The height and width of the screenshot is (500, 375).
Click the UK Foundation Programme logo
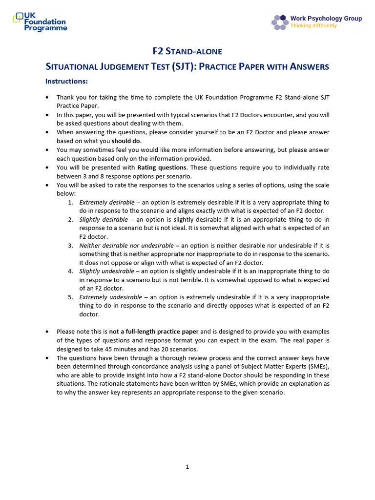tap(40, 22)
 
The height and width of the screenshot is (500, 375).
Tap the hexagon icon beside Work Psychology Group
tap(279, 22)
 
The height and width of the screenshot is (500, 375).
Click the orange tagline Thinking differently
tap(313, 26)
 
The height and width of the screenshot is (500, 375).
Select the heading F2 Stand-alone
tap(187, 51)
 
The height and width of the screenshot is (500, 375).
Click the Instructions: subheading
tap(66, 81)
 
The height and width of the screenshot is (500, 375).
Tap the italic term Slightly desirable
tap(103, 219)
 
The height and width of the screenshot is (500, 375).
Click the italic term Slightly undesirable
tap(105, 271)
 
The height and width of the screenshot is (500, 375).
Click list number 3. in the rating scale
tap(71, 245)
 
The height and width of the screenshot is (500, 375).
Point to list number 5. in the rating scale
tap(71, 297)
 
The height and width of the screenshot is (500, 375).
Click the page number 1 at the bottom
tap(187, 467)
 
